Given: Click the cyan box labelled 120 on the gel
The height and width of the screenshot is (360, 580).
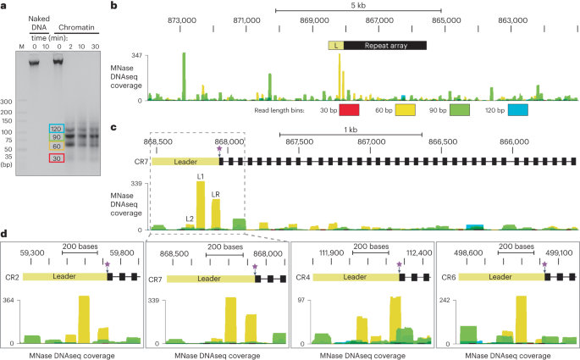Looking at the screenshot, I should pyautogui.click(x=56, y=128).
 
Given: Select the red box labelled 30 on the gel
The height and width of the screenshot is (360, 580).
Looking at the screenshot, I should pyautogui.click(x=56, y=158).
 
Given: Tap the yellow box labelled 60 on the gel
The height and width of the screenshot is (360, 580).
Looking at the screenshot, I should pyautogui.click(x=56, y=147).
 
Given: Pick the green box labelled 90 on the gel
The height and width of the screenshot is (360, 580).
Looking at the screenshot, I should pyautogui.click(x=56, y=137).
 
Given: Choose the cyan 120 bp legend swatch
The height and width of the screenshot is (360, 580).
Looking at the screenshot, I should pyautogui.click(x=517, y=109).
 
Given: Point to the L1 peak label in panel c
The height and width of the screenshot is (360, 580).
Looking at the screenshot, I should pyautogui.click(x=201, y=177).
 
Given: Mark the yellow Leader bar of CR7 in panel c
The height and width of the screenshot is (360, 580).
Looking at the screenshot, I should pyautogui.click(x=185, y=160).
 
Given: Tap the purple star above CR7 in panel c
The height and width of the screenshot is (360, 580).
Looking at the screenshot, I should pyautogui.click(x=219, y=148).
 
